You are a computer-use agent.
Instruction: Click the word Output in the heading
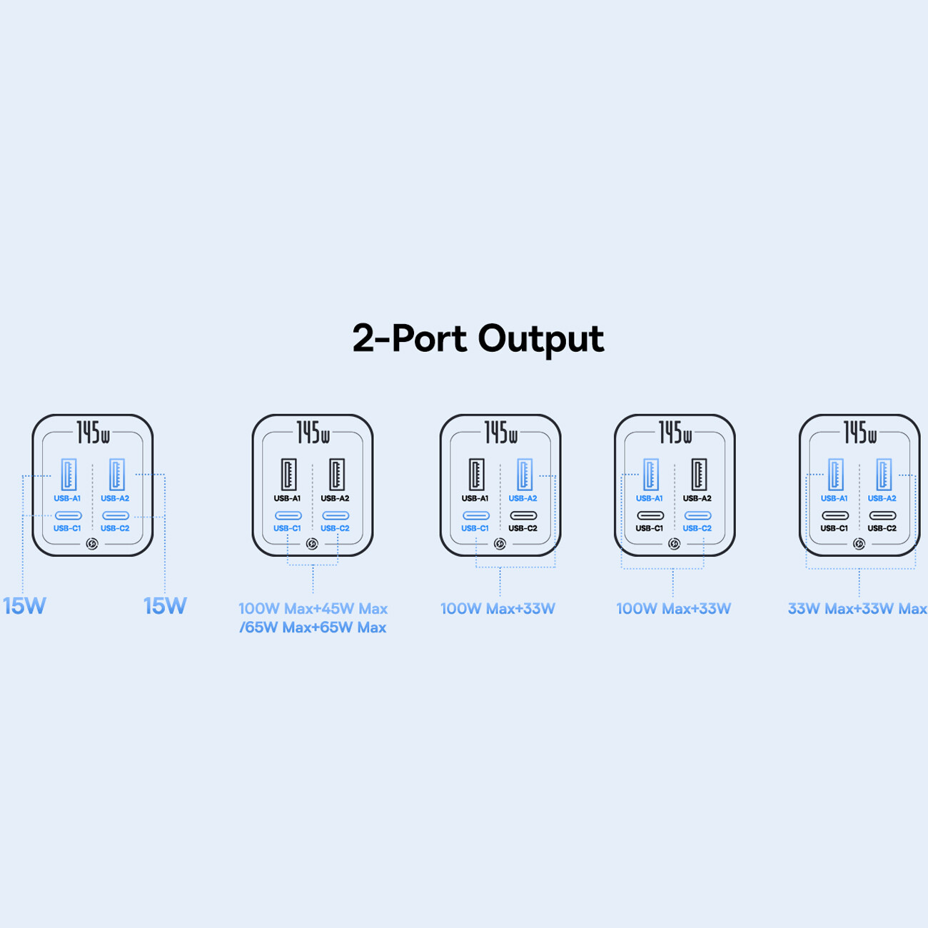click(x=541, y=339)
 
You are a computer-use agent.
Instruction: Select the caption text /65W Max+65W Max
click(x=313, y=627)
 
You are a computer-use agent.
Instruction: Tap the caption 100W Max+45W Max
click(x=313, y=609)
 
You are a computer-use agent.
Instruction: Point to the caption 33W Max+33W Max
click(x=857, y=609)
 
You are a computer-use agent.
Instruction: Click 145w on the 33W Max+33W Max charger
click(x=859, y=433)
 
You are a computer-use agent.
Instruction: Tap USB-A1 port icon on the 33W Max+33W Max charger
click(x=835, y=474)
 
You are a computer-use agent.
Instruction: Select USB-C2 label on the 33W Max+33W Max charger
click(x=882, y=528)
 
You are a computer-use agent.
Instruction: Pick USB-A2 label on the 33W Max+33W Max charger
click(x=882, y=498)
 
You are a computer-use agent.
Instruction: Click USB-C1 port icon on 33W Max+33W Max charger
click(x=835, y=515)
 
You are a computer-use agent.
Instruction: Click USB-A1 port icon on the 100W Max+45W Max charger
click(x=288, y=474)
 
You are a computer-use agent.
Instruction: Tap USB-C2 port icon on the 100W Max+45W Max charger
click(x=336, y=515)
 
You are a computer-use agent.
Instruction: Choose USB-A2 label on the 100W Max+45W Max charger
click(x=335, y=498)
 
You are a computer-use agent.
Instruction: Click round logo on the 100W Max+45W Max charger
click(x=312, y=544)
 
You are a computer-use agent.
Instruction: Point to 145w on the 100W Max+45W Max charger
click(x=313, y=433)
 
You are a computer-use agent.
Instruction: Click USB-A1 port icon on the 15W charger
click(x=69, y=474)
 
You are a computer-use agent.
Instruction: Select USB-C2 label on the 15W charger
click(x=115, y=528)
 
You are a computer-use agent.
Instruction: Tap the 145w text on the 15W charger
click(x=93, y=433)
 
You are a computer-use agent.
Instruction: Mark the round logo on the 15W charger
click(x=92, y=544)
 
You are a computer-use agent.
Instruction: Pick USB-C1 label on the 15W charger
click(x=67, y=528)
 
